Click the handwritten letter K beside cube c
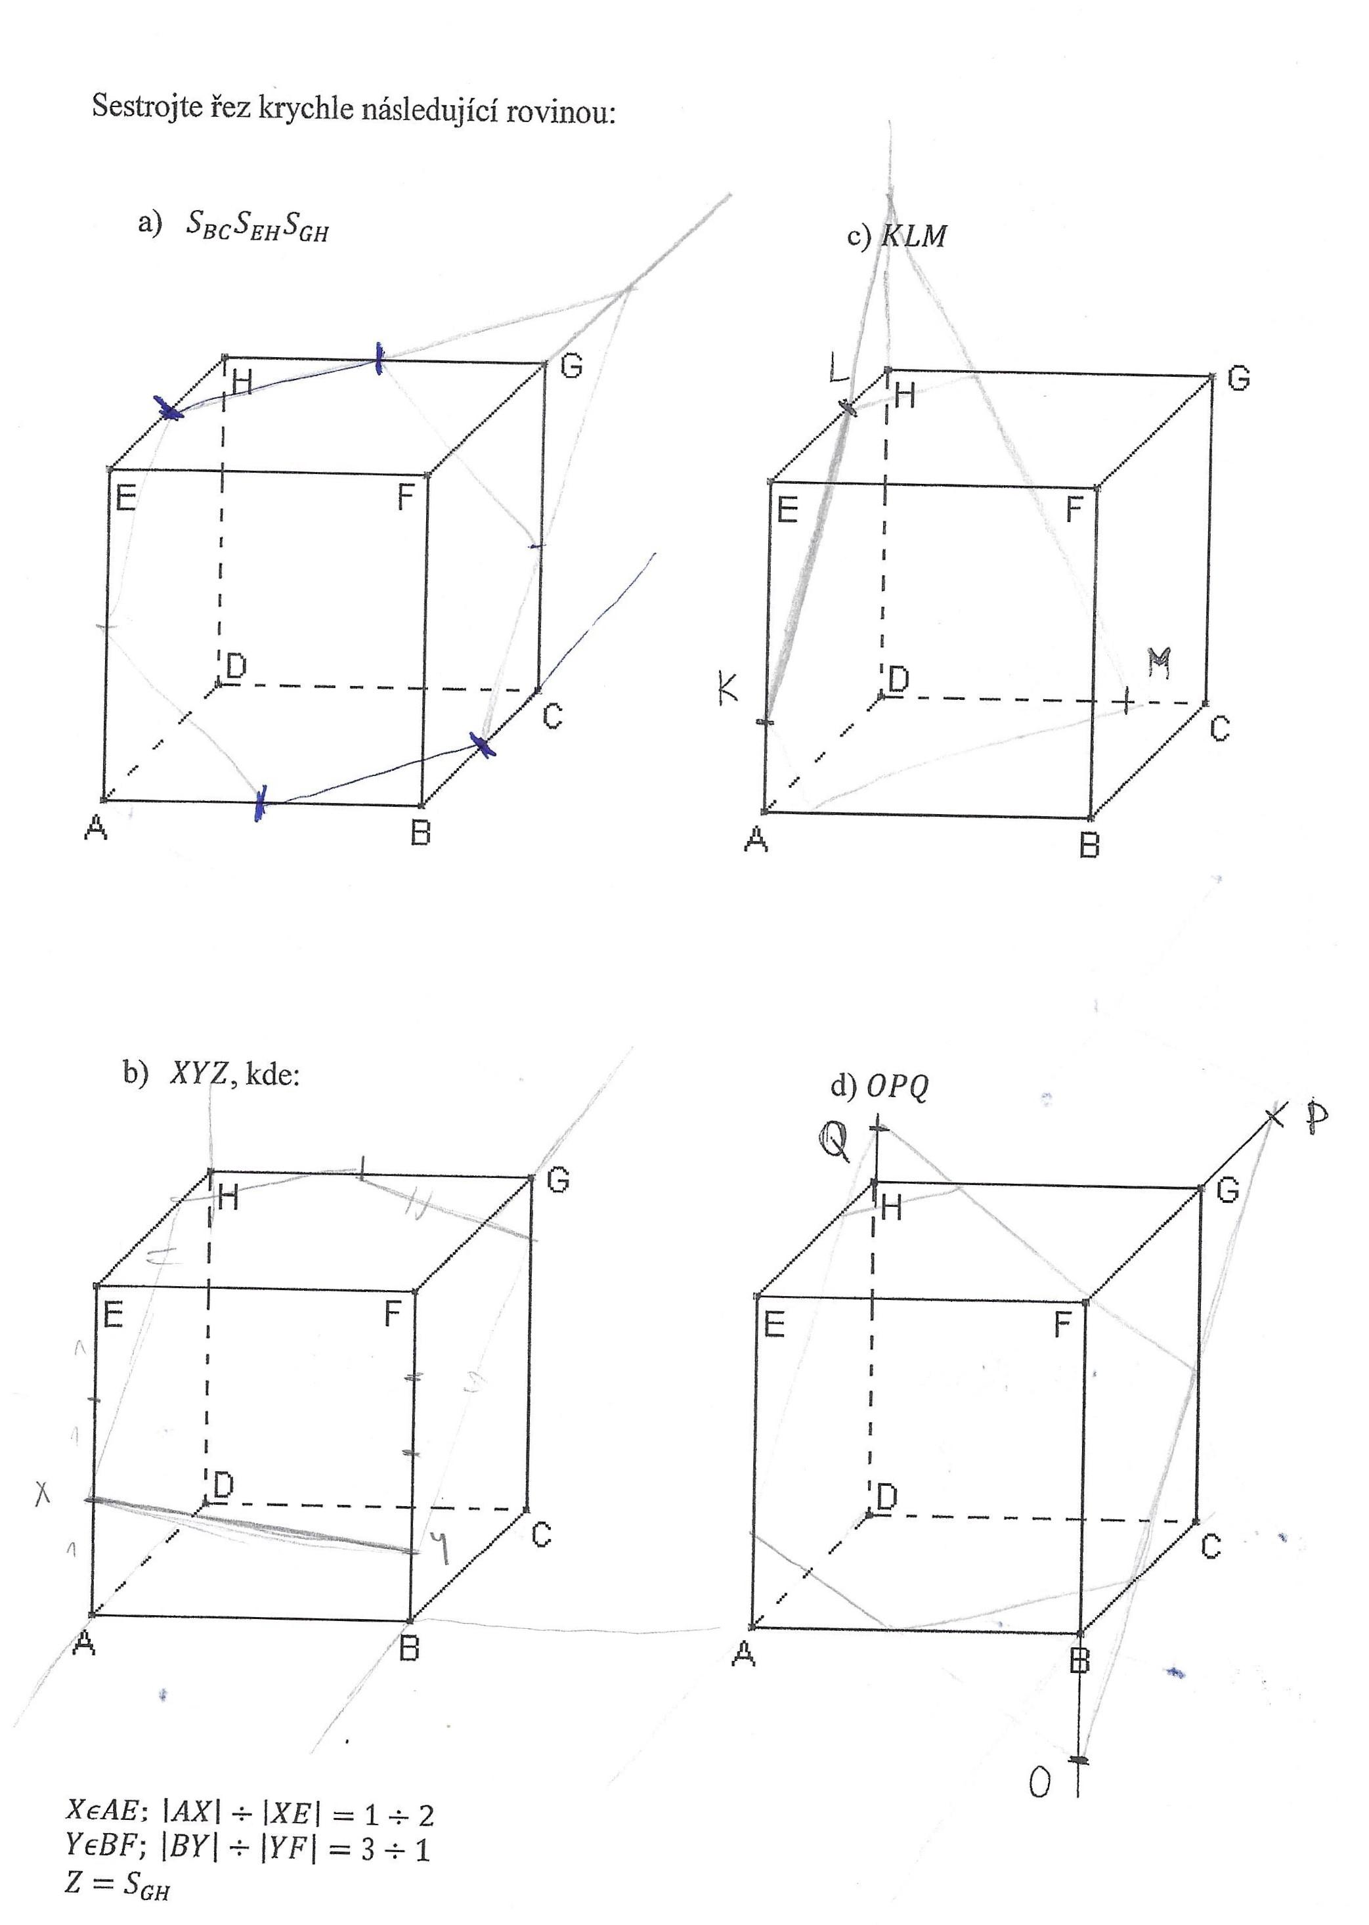(728, 687)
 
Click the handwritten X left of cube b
(42, 1494)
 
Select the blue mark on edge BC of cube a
(482, 745)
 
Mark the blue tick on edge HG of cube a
(380, 358)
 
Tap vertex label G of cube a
(571, 366)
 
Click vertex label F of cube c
(1074, 509)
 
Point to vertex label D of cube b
(223, 1486)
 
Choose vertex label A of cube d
(743, 1655)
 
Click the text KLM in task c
(914, 236)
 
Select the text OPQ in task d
(897, 1087)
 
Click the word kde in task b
(271, 1075)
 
